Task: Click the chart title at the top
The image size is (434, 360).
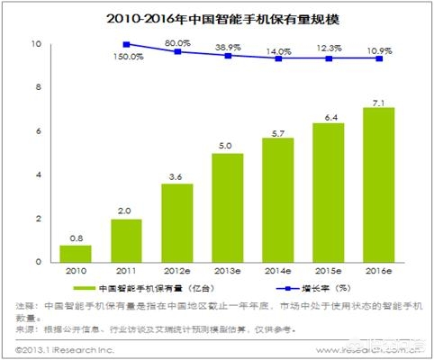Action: click(217, 17)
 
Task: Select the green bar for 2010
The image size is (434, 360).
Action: click(75, 254)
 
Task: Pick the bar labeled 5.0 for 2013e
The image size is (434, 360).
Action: click(229, 208)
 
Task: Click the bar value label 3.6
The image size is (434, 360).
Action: click(177, 176)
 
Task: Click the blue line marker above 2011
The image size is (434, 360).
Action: click(126, 44)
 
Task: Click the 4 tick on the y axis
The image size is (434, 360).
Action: click(37, 175)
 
